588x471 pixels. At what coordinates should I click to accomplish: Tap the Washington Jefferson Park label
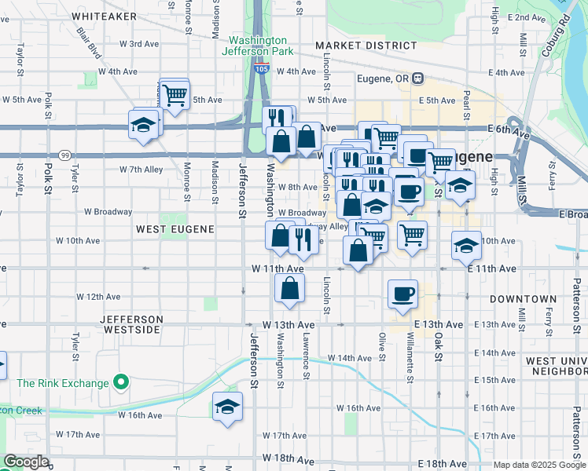pyautogui.click(x=258, y=46)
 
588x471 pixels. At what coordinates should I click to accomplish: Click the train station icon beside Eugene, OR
pyautogui.click(x=419, y=78)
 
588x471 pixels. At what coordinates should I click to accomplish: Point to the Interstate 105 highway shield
pyautogui.click(x=262, y=70)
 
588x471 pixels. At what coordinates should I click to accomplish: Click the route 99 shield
pyautogui.click(x=64, y=155)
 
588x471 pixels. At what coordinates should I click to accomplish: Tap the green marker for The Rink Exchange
pyautogui.click(x=120, y=383)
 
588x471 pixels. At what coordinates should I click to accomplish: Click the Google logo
pyautogui.click(x=27, y=462)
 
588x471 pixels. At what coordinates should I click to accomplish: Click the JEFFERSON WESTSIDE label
pyautogui.click(x=132, y=324)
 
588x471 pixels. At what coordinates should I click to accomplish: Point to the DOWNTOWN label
pyautogui.click(x=523, y=299)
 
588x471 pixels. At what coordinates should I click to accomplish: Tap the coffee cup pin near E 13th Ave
pyautogui.click(x=403, y=294)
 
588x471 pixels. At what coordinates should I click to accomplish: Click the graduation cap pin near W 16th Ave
pyautogui.click(x=227, y=407)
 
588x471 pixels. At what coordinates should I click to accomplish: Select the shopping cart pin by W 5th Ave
pyautogui.click(x=174, y=94)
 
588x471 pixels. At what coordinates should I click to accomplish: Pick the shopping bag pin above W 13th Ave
pyautogui.click(x=290, y=288)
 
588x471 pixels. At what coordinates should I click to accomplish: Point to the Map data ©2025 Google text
pyautogui.click(x=538, y=465)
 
